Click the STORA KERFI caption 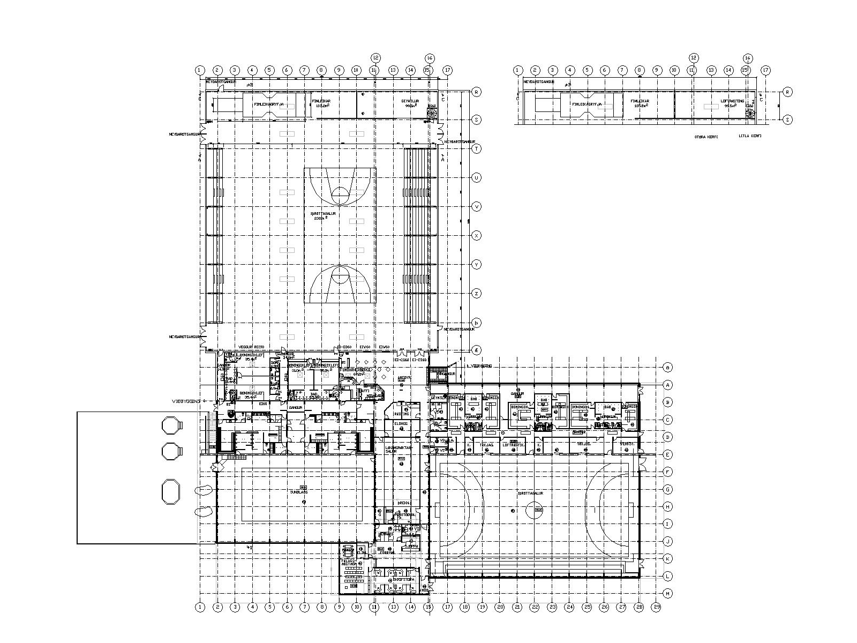coord(703,136)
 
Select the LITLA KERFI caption coord(749,136)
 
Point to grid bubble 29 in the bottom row coord(657,607)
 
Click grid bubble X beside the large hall coord(476,235)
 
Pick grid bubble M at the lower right coord(667,594)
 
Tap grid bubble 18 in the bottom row coord(465,607)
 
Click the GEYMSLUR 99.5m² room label coord(410,102)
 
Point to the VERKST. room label coord(627,444)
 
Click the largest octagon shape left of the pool coord(170,492)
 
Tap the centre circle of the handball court coord(534,512)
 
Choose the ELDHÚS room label coord(401,424)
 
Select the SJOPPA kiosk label coord(412,546)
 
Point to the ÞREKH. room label coord(404,503)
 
